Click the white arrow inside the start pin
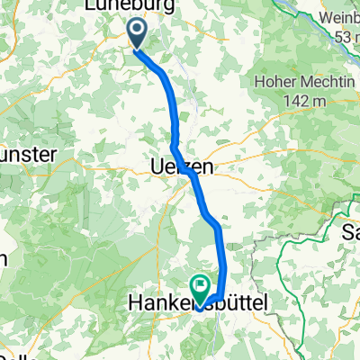click(138, 33)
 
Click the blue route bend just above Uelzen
click(174, 145)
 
